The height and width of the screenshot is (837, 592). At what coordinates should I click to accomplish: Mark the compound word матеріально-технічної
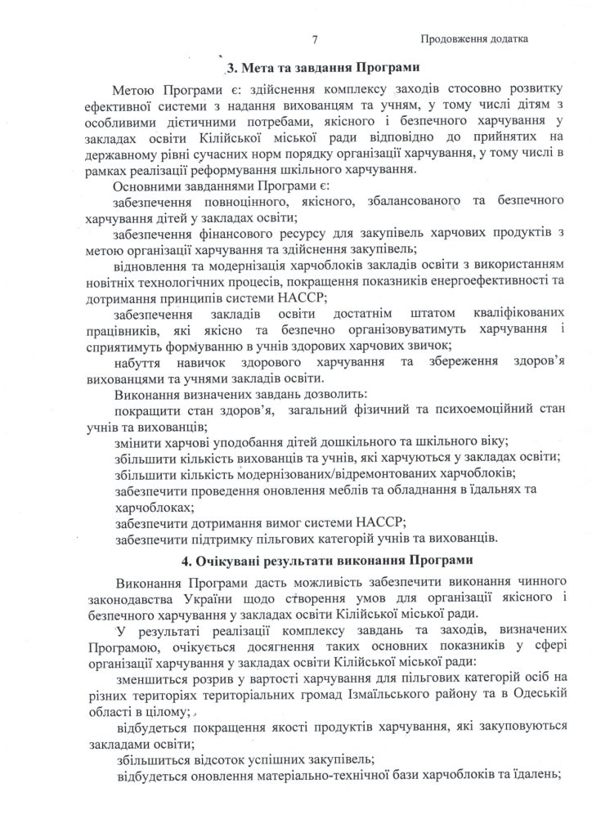coord(314,775)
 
